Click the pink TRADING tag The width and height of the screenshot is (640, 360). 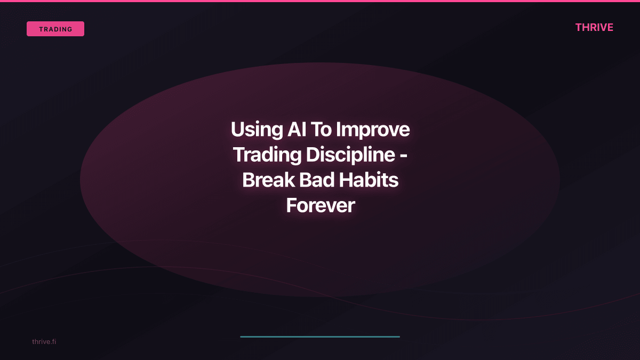[x=55, y=29]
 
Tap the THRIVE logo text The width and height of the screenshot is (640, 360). [x=594, y=27]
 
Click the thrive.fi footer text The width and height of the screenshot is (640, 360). [x=44, y=341]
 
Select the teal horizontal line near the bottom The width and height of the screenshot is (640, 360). [x=320, y=337]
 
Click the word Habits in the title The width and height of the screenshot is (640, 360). [x=371, y=180]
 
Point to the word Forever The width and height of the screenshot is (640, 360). [x=320, y=205]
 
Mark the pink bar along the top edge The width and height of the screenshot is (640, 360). [x=320, y=1]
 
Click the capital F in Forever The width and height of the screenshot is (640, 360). [x=291, y=205]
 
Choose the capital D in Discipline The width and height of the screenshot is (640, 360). [x=313, y=155]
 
